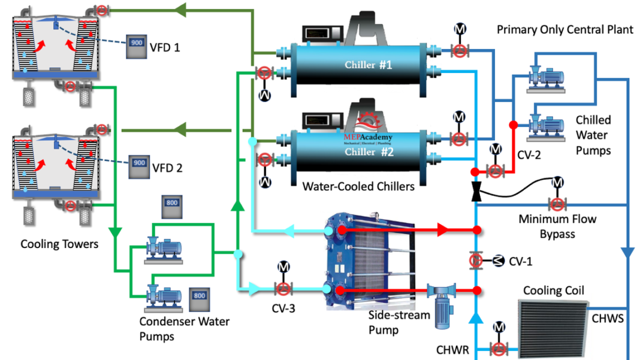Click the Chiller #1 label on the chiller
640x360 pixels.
(x=368, y=65)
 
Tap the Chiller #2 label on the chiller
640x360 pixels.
(x=368, y=152)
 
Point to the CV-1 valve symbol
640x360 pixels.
(x=475, y=261)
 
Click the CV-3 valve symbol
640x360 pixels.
(x=283, y=289)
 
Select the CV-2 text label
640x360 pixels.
(x=529, y=155)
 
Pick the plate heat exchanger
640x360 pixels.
(x=367, y=262)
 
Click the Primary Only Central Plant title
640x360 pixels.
(x=564, y=29)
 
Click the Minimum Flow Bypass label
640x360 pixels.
(x=557, y=226)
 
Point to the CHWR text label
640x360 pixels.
(x=452, y=349)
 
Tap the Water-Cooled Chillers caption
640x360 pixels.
(x=358, y=187)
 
